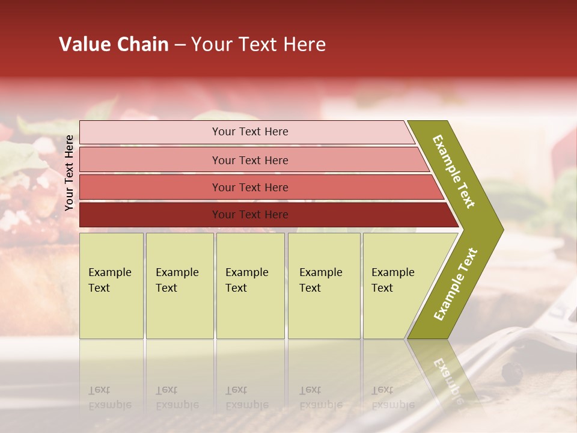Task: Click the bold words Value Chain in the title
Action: (x=114, y=45)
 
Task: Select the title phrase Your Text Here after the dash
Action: (x=258, y=45)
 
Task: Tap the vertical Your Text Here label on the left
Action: (x=70, y=173)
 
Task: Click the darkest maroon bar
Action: (x=150, y=215)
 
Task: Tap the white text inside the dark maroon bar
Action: (x=250, y=215)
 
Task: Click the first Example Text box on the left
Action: (x=111, y=286)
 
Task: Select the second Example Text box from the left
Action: (x=180, y=286)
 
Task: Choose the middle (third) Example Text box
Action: (x=250, y=286)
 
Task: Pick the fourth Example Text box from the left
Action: (x=324, y=286)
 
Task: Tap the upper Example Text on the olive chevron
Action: (x=454, y=171)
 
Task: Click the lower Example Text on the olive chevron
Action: (x=456, y=284)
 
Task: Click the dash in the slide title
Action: (x=180, y=45)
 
